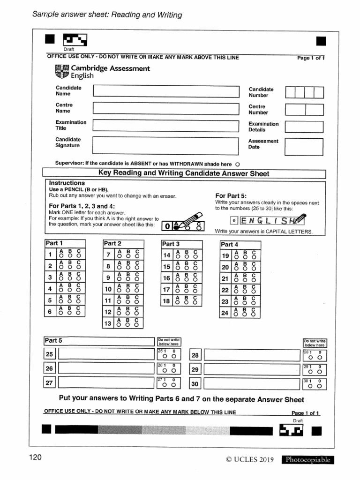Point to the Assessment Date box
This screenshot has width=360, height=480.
click(x=304, y=146)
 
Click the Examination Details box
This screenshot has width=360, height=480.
click(x=304, y=127)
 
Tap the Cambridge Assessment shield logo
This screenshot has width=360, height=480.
click(x=62, y=72)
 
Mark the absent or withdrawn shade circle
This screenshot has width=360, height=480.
click(x=238, y=165)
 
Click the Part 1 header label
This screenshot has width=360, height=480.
click(x=52, y=243)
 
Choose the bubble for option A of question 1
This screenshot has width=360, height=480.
click(x=61, y=256)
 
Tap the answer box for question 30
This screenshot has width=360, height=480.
click(x=251, y=384)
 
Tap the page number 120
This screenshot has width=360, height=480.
click(x=35, y=457)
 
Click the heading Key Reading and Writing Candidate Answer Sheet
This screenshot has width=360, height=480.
click(x=184, y=173)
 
